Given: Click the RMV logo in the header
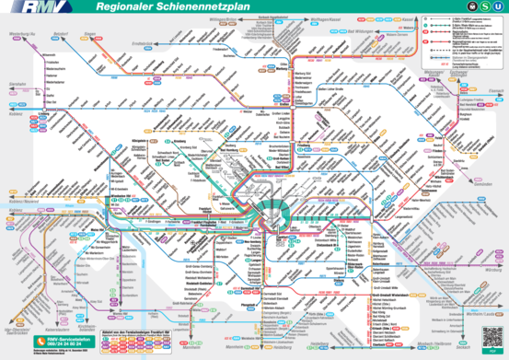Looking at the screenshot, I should (26, 10).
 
